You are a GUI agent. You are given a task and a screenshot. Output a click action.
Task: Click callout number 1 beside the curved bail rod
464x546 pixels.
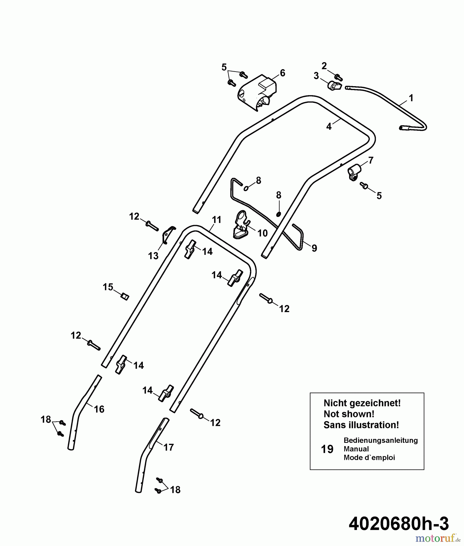(x=411, y=98)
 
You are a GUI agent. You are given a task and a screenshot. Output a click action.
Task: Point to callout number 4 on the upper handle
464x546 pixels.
(x=329, y=127)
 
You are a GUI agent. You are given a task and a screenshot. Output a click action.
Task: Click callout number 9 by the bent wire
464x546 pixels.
(x=314, y=248)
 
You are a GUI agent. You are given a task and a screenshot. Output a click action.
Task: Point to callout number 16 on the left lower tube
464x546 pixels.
(x=99, y=409)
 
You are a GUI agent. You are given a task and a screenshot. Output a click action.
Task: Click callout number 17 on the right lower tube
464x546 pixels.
(x=169, y=447)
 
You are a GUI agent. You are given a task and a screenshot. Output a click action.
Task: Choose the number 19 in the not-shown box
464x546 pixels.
(x=327, y=449)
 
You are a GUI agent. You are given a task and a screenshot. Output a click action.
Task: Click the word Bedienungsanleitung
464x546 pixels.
(x=381, y=440)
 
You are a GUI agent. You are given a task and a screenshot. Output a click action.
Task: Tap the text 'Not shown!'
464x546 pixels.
(x=349, y=414)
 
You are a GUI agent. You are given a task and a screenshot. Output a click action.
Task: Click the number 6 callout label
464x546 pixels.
(x=282, y=73)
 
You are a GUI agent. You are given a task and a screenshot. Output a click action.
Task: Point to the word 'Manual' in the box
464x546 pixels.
(x=356, y=449)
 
